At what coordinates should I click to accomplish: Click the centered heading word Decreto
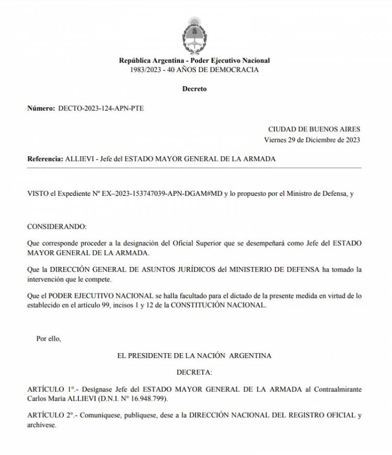click(194, 89)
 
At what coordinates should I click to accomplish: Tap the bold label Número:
click(40, 109)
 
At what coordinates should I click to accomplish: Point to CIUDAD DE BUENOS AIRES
click(314, 129)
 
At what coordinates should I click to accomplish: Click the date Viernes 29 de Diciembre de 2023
click(312, 139)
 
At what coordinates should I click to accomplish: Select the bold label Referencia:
click(44, 159)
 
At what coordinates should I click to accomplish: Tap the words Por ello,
click(49, 338)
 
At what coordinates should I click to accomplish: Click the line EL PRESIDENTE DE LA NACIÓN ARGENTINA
click(194, 356)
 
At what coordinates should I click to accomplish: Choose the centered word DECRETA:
click(194, 373)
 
